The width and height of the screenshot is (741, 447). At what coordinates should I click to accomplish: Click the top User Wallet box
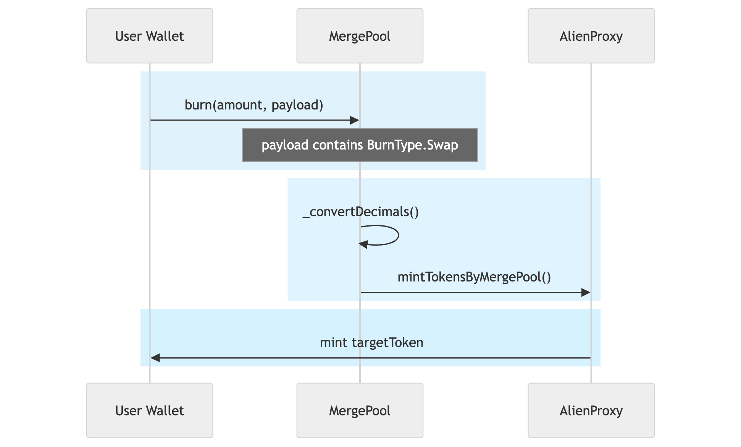(x=150, y=36)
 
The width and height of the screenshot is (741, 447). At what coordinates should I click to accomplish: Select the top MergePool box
(x=360, y=36)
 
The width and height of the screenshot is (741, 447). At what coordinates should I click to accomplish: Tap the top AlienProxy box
(x=591, y=36)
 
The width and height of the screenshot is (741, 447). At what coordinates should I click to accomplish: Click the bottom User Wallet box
(x=150, y=410)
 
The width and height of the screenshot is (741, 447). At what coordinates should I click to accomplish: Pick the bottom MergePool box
(x=360, y=410)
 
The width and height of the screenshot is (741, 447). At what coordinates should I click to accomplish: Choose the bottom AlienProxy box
(x=591, y=410)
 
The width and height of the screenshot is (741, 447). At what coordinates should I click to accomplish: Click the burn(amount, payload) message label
(x=254, y=105)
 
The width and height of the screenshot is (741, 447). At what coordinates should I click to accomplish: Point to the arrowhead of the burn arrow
(x=355, y=121)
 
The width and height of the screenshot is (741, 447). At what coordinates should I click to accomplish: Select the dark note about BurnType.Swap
(x=360, y=145)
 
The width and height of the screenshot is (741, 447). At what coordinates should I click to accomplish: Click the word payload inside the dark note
(x=285, y=145)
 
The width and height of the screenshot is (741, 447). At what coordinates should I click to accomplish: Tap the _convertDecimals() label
(x=361, y=212)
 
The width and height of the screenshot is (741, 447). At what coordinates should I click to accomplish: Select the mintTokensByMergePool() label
(x=474, y=277)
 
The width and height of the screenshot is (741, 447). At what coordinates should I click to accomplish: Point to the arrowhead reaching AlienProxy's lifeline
(x=586, y=293)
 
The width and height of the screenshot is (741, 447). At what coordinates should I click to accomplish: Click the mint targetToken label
(x=371, y=342)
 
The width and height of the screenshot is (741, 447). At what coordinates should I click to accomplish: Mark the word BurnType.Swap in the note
(x=412, y=145)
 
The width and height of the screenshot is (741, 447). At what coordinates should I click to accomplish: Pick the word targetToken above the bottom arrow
(x=387, y=342)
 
